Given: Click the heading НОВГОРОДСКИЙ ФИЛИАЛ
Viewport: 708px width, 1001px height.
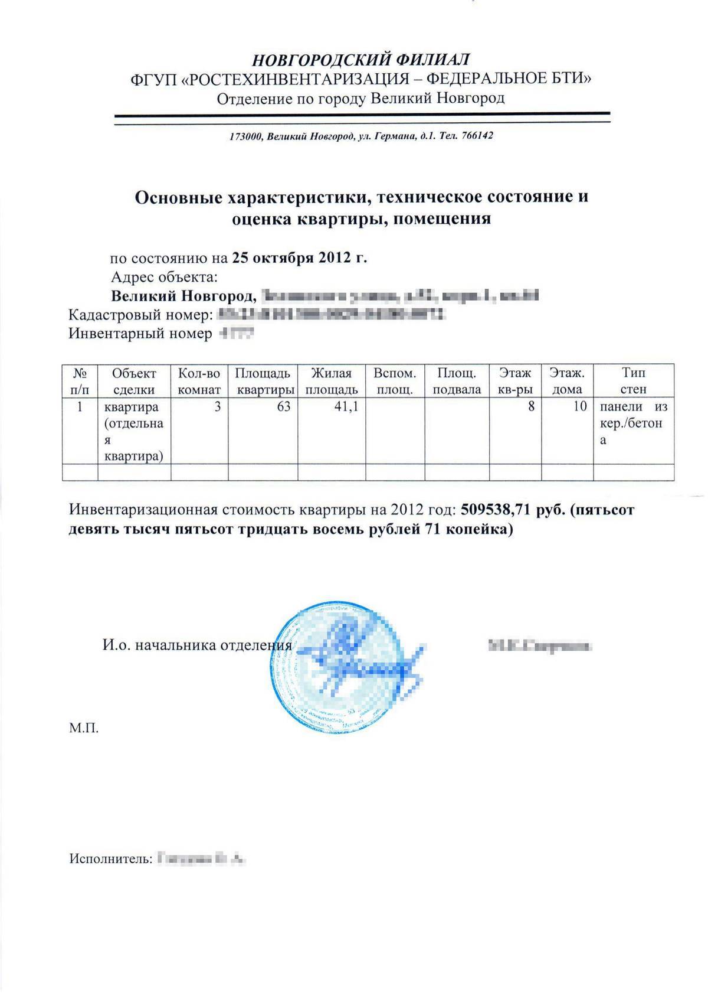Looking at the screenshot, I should point(360,59).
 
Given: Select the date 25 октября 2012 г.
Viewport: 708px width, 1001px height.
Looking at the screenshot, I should point(300,258).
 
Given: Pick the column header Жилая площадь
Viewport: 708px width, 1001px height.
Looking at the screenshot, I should point(332,381).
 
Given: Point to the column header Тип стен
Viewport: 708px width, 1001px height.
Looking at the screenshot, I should point(633,381).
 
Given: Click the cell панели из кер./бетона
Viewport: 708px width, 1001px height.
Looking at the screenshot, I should point(632,423).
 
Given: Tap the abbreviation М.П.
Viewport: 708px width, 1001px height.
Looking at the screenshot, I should point(84,728).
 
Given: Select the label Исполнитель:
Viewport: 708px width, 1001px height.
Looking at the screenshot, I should point(110,858).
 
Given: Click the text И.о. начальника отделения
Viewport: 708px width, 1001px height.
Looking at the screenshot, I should point(197,645).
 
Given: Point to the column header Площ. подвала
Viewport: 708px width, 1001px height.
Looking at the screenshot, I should point(457,381).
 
